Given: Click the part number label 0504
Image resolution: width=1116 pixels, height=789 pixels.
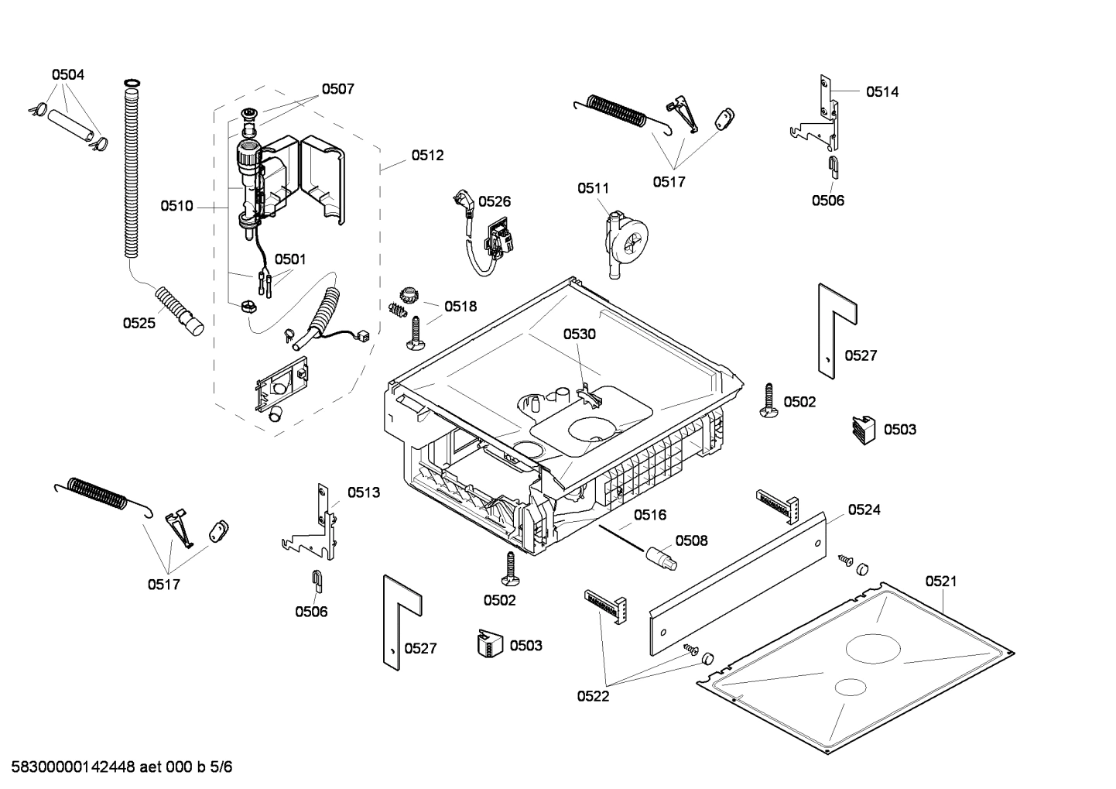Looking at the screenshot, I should [68, 74].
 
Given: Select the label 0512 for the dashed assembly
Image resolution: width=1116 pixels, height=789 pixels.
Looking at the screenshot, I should [427, 155].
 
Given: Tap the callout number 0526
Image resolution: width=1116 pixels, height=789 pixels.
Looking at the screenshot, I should [494, 201].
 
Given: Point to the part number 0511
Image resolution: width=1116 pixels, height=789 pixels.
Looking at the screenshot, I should [593, 187].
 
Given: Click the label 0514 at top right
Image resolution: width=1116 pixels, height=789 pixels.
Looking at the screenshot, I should [882, 91].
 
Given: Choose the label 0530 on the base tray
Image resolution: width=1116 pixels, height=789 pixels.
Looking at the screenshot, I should [579, 334].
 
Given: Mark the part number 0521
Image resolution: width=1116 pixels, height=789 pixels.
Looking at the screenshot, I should [940, 581].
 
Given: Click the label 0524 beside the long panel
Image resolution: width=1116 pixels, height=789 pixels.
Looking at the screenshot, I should [864, 509].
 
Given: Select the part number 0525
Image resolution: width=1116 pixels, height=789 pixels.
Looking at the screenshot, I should [139, 323].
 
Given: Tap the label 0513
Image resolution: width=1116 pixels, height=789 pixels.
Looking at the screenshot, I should [363, 492].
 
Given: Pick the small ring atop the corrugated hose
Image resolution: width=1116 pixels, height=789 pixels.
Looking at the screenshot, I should [132, 82].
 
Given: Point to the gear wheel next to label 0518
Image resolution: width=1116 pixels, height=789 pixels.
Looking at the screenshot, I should [407, 294].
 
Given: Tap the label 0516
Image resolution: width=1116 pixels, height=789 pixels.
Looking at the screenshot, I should [650, 515].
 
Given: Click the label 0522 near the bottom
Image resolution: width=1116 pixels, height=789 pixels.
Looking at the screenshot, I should [593, 696].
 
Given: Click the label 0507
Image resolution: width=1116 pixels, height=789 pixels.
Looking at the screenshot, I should [337, 88].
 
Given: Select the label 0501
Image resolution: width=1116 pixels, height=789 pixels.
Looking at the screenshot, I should [290, 259].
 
